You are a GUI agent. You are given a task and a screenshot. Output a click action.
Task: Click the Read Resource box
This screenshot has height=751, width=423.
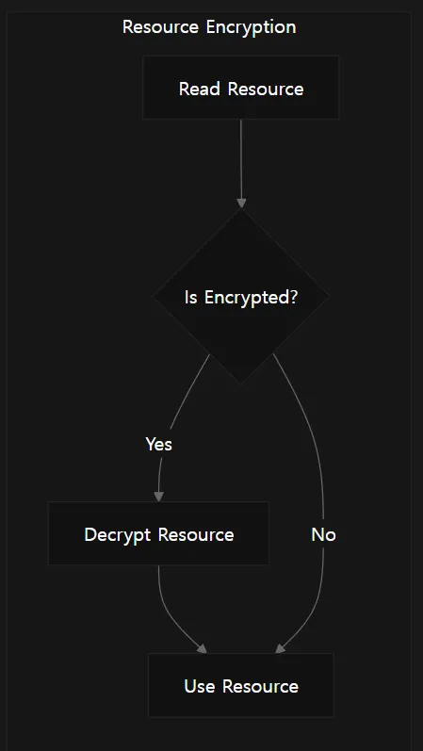coord(241,88)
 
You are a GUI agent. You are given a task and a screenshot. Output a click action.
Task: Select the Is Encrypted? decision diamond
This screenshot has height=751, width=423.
coord(241,297)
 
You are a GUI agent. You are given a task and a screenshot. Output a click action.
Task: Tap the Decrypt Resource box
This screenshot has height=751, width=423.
coord(158,533)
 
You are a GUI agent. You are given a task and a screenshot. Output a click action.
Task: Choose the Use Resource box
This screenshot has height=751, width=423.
coord(241,685)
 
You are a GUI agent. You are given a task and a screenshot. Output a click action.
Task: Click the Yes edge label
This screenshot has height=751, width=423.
coord(158,445)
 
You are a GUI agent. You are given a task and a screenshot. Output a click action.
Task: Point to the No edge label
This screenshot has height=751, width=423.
coord(323,534)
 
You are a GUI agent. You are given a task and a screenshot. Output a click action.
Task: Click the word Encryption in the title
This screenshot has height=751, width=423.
coord(251,27)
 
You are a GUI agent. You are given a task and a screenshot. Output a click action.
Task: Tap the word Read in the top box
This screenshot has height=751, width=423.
coord(200,89)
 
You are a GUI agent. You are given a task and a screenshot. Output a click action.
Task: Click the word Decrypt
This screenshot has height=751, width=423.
coord(118,535)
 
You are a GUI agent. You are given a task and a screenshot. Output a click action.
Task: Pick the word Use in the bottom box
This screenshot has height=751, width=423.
coord(200,686)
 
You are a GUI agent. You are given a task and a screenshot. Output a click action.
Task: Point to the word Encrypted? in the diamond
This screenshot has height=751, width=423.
coord(251,298)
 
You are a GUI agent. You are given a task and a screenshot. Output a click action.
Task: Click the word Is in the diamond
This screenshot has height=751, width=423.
coord(190,298)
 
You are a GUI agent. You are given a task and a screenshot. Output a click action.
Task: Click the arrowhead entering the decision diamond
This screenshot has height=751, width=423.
coord(241,204)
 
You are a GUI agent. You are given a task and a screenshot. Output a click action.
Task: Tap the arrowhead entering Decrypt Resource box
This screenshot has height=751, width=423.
coord(158,497)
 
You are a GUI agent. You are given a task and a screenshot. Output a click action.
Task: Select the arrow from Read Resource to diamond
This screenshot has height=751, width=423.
coord(241,163)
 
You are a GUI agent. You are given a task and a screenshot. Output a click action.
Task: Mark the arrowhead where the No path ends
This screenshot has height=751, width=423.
coord(280,649)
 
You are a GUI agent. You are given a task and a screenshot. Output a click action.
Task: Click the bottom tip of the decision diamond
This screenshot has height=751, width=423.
coord(241,384)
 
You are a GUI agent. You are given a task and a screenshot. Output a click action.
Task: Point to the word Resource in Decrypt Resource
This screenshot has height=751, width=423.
coord(196,534)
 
